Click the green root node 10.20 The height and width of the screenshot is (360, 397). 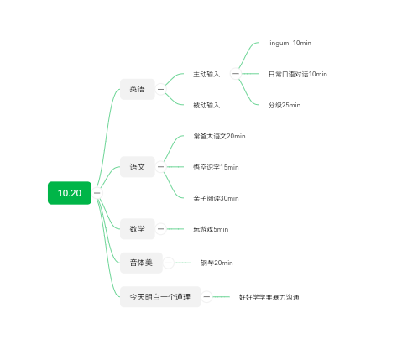70,193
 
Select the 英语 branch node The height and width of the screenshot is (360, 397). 138,89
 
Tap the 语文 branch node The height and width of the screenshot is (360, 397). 138,167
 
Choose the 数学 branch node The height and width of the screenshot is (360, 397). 138,229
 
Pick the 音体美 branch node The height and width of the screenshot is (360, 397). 141,263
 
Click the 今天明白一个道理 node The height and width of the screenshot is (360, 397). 160,297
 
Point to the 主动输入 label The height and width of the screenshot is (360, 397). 206,74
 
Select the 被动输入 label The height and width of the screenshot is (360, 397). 206,105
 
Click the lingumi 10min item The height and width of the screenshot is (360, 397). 290,43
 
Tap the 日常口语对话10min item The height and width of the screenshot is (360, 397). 298,74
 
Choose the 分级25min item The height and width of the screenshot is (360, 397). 285,105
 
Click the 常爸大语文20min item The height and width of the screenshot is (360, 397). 219,136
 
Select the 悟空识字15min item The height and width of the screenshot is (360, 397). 216,167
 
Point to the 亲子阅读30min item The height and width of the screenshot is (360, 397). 216,198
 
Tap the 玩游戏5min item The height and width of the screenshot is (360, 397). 211,229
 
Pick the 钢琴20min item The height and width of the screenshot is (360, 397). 217,263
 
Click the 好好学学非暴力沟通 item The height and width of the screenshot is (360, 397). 269,297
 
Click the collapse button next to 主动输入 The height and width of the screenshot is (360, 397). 236,74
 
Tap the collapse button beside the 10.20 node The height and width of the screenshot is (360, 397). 97,193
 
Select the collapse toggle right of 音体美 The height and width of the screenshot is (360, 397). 168,263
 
